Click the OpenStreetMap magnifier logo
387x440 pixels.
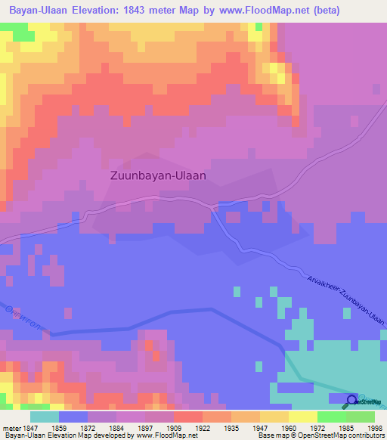click(x=353, y=401)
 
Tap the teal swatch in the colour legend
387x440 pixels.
click(x=45, y=417)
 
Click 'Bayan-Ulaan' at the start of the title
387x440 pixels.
click(x=36, y=11)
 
